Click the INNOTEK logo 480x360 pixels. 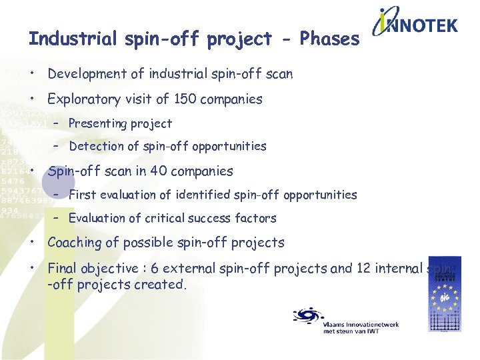[415, 26]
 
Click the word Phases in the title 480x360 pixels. [329, 39]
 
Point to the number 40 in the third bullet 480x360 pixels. [158, 171]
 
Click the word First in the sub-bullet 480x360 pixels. [82, 195]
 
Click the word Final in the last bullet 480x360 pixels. [62, 269]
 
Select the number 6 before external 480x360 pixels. [155, 269]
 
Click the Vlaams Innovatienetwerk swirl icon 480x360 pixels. [307, 315]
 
